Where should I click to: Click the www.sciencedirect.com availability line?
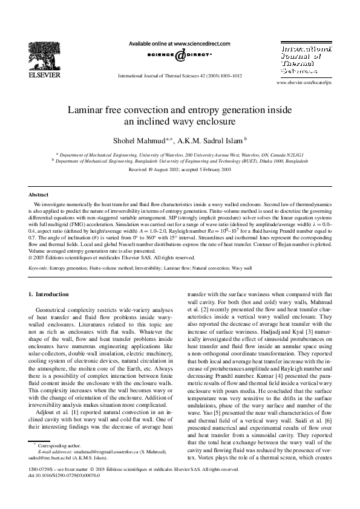pyautogui.click(x=180, y=44)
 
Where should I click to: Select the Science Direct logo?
pyautogui.click(x=180, y=56)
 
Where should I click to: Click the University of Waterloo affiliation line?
pyautogui.click(x=180, y=155)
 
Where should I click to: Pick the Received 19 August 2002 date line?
pyautogui.click(x=180, y=170)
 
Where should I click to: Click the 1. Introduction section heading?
pyautogui.click(x=49, y=294)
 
